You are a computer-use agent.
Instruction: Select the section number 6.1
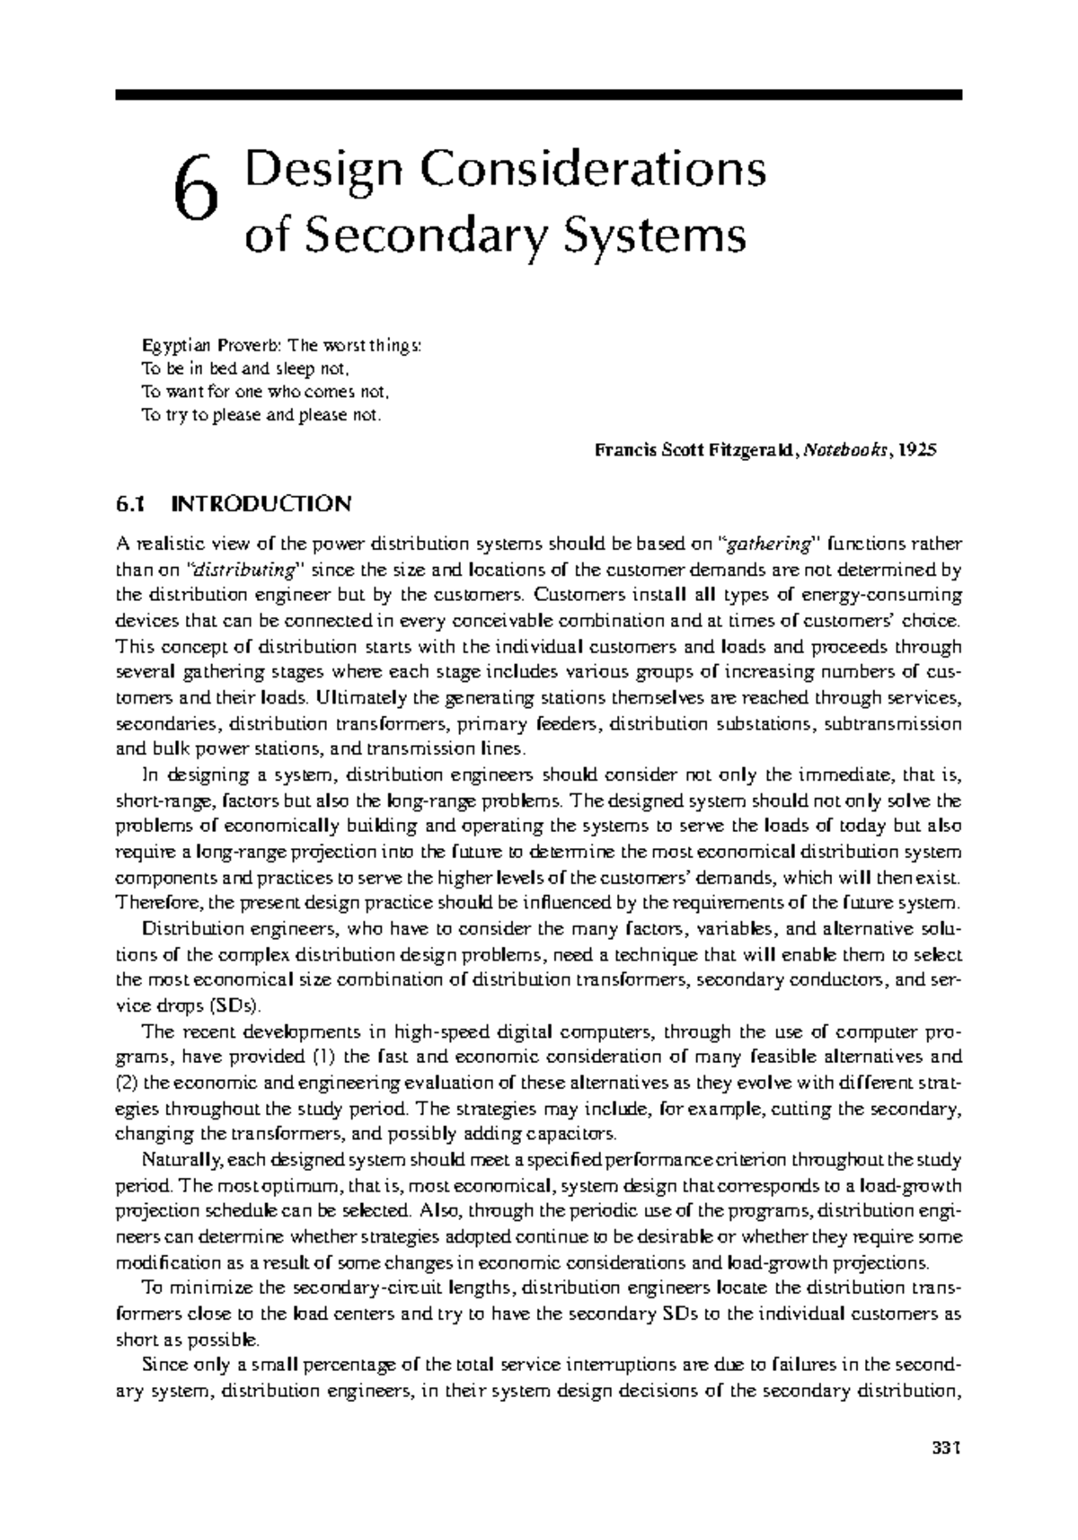129,504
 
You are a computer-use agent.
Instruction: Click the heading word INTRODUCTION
262,504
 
